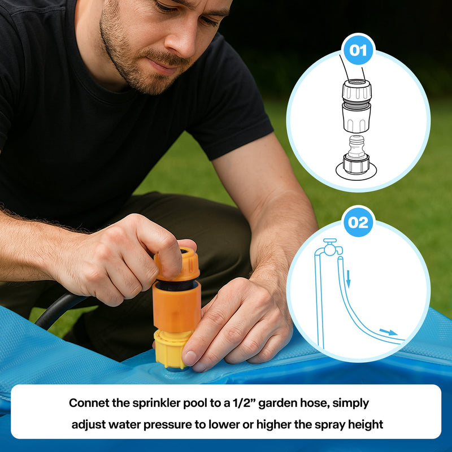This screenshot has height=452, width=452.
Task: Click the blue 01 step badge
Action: pos(358,50)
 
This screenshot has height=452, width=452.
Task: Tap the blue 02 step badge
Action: pos(358,222)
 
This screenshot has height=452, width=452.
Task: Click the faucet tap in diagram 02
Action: pos(331,247)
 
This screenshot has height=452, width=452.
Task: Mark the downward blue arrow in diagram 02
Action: pos(348,279)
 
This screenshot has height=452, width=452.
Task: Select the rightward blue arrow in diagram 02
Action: pos(388,332)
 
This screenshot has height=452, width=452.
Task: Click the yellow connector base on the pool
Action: pos(171,349)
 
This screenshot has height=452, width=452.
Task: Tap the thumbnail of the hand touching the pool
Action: pos(190,358)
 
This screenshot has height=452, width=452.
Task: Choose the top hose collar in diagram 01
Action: pos(357,90)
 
